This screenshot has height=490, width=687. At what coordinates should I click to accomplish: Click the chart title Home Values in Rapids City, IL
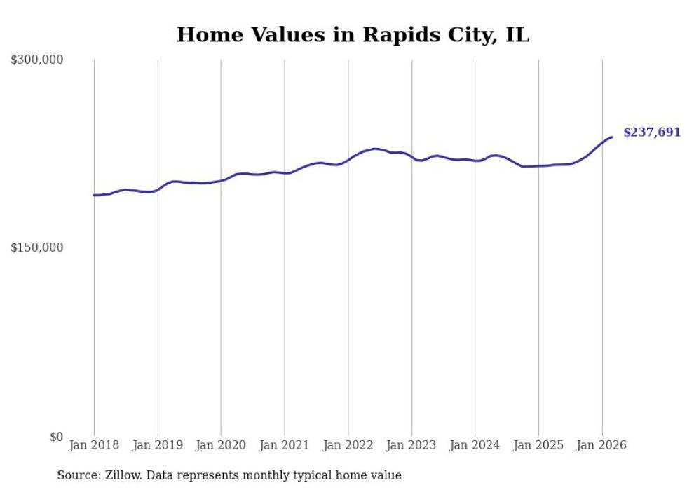click(353, 34)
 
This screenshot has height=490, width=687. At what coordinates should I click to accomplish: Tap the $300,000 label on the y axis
click(37, 60)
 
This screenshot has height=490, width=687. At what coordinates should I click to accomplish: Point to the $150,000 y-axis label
click(37, 247)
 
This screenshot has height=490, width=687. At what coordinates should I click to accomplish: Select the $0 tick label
click(56, 437)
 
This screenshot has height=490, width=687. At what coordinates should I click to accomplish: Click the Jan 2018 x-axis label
click(94, 445)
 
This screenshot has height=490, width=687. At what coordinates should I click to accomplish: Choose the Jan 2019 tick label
click(157, 445)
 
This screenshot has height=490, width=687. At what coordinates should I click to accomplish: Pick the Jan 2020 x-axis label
click(221, 445)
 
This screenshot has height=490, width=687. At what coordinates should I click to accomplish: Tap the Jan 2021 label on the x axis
click(284, 445)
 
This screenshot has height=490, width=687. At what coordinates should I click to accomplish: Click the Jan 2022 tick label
click(348, 445)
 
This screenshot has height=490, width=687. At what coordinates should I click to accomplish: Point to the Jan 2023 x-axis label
click(411, 445)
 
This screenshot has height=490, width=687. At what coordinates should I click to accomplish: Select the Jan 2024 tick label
click(475, 445)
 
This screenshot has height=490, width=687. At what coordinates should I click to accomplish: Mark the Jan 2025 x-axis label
click(538, 445)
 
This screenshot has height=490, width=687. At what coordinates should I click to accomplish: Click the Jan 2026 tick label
click(601, 445)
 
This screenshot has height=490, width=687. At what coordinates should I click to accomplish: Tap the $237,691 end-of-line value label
click(651, 132)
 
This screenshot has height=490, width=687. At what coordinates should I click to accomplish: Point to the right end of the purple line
click(612, 137)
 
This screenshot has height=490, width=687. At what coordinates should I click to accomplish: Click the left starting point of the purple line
click(94, 195)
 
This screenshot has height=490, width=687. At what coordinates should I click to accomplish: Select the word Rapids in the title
click(395, 34)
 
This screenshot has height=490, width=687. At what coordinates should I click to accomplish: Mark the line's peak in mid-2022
click(374, 149)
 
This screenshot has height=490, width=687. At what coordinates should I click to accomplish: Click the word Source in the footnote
click(76, 475)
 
